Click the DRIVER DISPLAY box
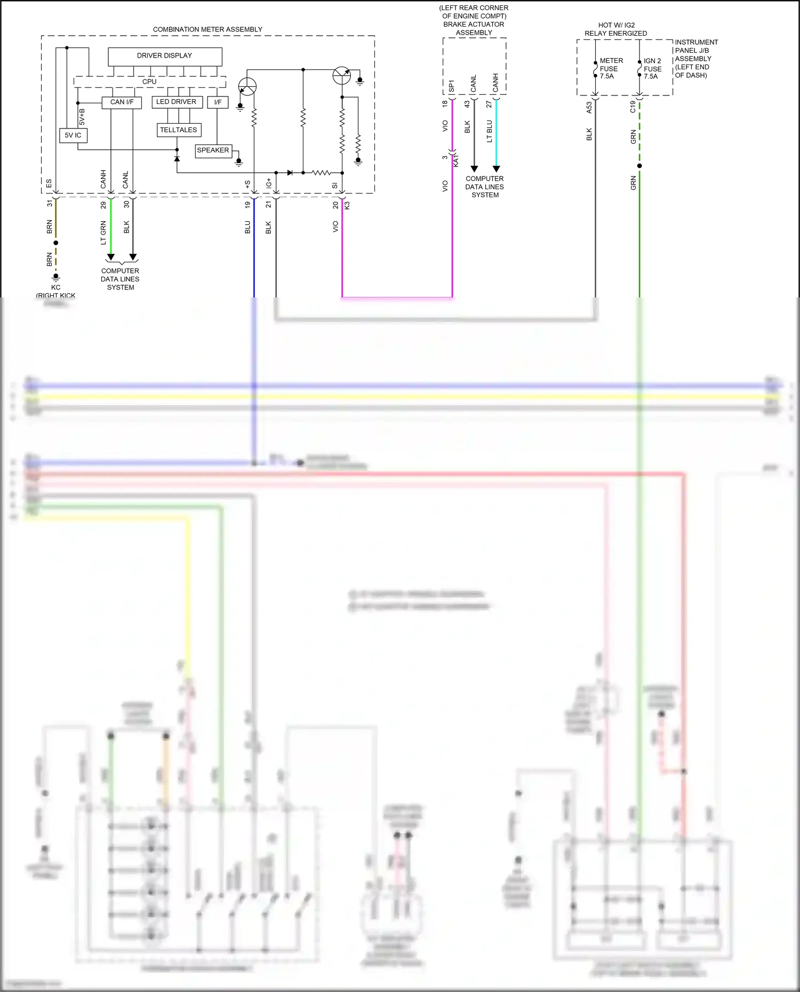click(x=164, y=56)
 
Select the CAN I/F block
click(x=122, y=102)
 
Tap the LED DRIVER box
click(x=177, y=102)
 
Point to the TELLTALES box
click(x=179, y=130)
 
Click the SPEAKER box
click(x=213, y=150)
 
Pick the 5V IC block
click(x=73, y=135)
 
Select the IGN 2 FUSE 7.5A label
click(x=652, y=69)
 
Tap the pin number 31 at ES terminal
click(x=50, y=204)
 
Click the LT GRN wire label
click(x=103, y=233)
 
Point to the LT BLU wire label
click(x=489, y=131)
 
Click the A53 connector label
click(x=589, y=108)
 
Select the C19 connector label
click(x=633, y=107)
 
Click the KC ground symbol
click(x=56, y=278)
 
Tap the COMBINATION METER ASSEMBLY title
click(x=207, y=30)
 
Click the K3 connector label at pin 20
click(x=347, y=205)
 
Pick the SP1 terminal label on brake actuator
click(x=451, y=86)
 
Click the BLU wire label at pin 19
click(x=247, y=227)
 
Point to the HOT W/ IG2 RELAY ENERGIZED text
click(x=615, y=29)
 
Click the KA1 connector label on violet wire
click(x=456, y=160)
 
